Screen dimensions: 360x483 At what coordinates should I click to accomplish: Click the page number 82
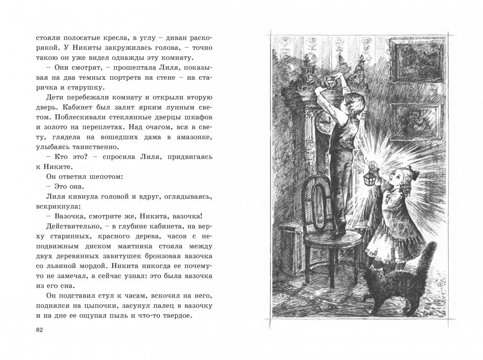(39, 330)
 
